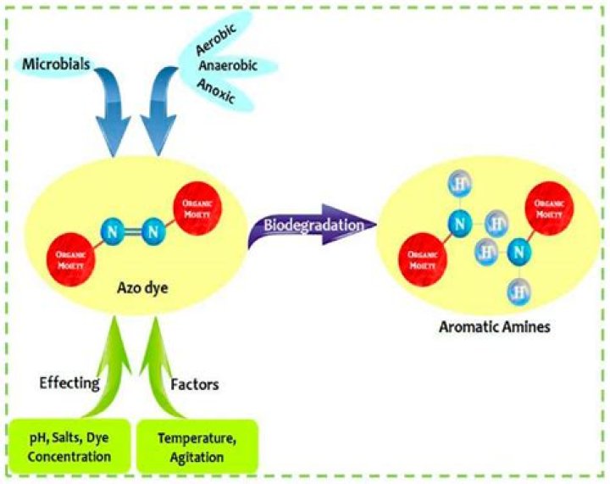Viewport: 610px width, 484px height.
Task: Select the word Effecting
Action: [69, 383]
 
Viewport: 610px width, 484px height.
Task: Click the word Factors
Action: [195, 384]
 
